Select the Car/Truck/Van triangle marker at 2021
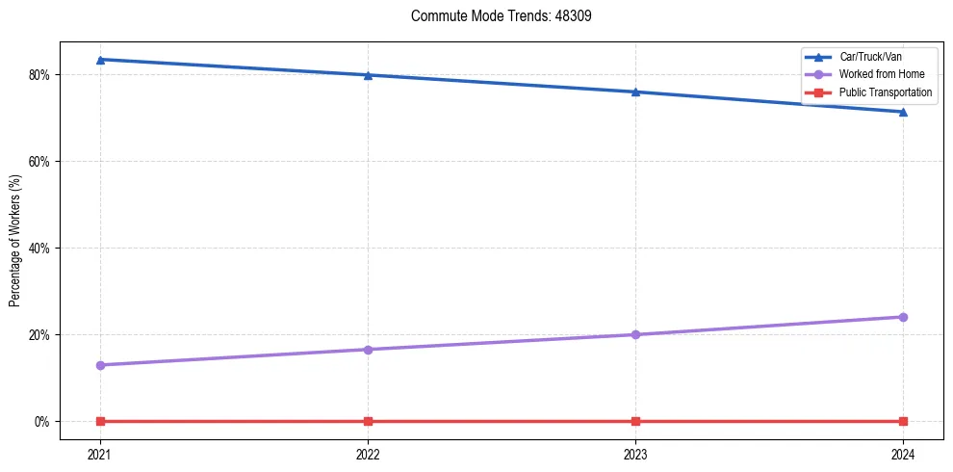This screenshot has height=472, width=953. pyautogui.click(x=100, y=60)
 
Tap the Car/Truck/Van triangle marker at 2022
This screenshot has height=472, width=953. pyautogui.click(x=368, y=75)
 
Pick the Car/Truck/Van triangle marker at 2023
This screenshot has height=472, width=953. pyautogui.click(x=635, y=92)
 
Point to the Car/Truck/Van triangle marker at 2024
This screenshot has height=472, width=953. pyautogui.click(x=903, y=112)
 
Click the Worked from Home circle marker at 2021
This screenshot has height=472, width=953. pyautogui.click(x=100, y=365)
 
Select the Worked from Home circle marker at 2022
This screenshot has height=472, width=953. pyautogui.click(x=368, y=350)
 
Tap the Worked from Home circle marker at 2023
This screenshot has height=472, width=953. pyautogui.click(x=635, y=334)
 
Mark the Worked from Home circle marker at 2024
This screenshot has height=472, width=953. pyautogui.click(x=903, y=317)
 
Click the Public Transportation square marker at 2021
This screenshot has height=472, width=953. pyautogui.click(x=100, y=421)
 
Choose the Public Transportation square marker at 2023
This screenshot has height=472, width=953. pyautogui.click(x=635, y=421)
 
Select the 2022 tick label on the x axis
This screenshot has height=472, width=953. pyautogui.click(x=368, y=454)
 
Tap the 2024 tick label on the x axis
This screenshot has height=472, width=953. pyautogui.click(x=903, y=454)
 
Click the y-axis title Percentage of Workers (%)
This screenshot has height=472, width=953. pyautogui.click(x=15, y=241)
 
